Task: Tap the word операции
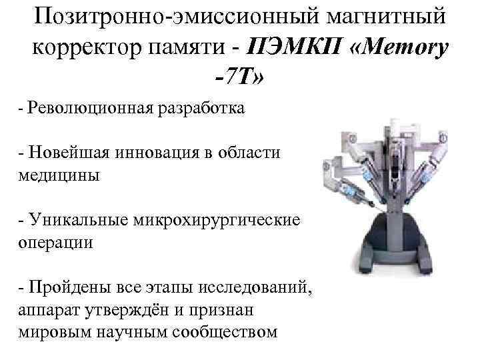pos(56,242)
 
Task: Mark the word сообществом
pos(223,331)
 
